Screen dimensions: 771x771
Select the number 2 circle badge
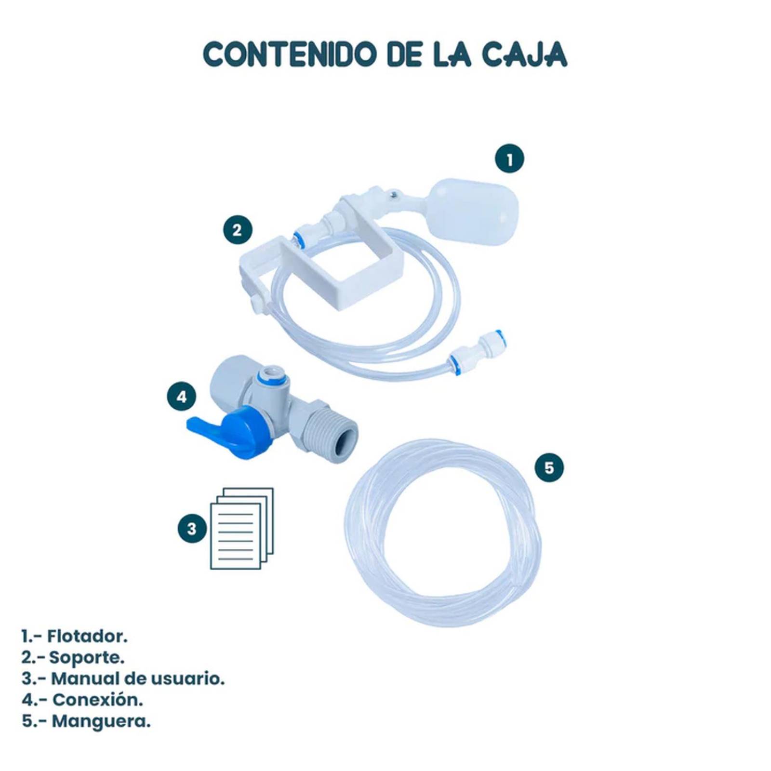(x=237, y=230)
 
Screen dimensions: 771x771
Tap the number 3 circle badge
(x=192, y=529)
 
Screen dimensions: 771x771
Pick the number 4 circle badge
(x=181, y=397)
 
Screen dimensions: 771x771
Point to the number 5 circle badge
(x=549, y=467)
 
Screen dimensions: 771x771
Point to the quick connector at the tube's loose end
(x=477, y=348)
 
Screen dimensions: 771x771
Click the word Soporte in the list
(x=87, y=657)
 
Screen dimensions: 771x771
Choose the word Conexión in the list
(x=97, y=700)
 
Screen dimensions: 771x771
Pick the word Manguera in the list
(x=101, y=721)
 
